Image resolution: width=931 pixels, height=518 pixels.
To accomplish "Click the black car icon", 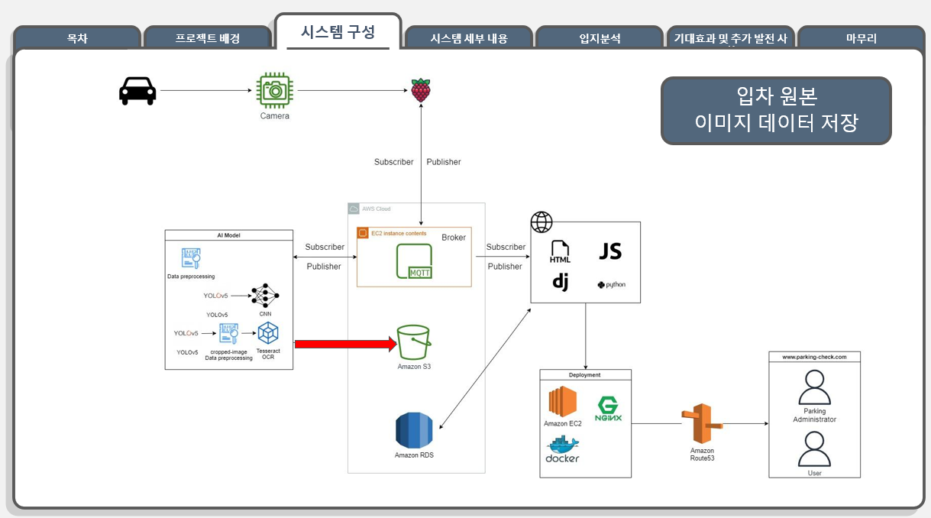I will (x=137, y=91).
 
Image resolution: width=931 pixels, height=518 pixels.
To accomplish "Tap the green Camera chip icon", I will (x=274, y=91).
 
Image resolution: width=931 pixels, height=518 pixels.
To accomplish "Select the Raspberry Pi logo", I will (x=420, y=90).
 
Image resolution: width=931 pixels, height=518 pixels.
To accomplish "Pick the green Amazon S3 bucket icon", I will (x=414, y=342).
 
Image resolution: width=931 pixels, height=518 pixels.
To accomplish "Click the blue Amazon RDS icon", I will (x=414, y=430).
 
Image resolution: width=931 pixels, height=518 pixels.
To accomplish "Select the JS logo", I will (x=610, y=251).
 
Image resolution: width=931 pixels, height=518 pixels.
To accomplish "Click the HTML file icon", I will (x=560, y=252).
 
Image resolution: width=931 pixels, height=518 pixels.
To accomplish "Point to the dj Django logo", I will (x=561, y=282).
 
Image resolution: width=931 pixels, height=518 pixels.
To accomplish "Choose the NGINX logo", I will (x=609, y=409).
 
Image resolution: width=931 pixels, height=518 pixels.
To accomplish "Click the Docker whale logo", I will (x=562, y=448).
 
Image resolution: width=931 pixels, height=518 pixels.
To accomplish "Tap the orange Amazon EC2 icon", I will (x=562, y=402).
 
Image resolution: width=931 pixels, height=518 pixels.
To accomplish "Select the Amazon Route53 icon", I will (x=701, y=426).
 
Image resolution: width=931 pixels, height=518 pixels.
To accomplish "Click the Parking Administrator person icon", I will (x=814, y=387).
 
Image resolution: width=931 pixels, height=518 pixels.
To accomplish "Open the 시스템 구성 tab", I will (x=338, y=32).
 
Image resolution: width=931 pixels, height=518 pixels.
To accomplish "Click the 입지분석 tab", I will (x=599, y=38).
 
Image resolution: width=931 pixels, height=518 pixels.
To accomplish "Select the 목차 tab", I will (x=76, y=38).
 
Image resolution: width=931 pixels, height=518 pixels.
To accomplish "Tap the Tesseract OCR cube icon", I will (x=268, y=333).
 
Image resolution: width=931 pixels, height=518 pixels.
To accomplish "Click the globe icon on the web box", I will (x=541, y=222).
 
